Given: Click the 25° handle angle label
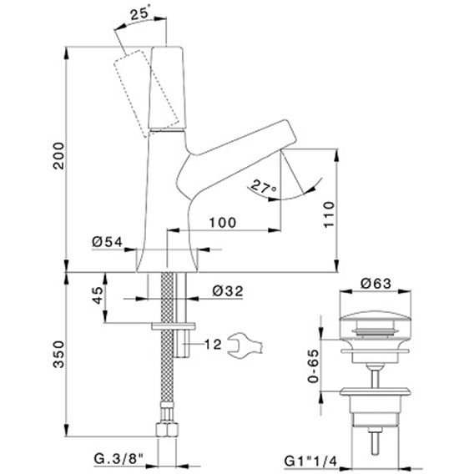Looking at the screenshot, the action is point(142,14).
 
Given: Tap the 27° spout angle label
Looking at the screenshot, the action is point(264,186).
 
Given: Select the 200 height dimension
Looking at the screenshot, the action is point(58,156).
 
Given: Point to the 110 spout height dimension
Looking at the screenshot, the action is point(329,214).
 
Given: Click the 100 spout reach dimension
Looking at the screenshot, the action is point(223,223).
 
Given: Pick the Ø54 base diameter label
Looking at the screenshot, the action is point(108,242).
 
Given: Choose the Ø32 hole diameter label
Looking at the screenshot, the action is point(228,291).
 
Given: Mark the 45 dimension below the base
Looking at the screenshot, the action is point(98,295).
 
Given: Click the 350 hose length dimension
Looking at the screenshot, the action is point(58,355).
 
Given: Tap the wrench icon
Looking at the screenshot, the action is point(245,345).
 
